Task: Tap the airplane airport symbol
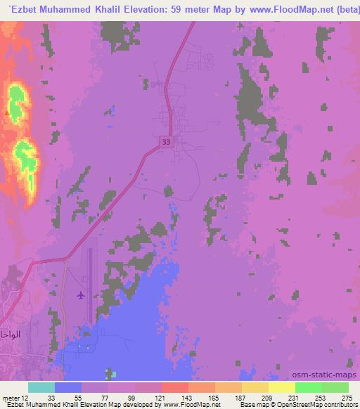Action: (x=81, y=295)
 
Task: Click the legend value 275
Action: (x=345, y=398)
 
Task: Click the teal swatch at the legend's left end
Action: (x=41, y=387)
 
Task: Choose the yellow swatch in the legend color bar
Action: (x=281, y=387)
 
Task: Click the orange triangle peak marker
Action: (x=7, y=112)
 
